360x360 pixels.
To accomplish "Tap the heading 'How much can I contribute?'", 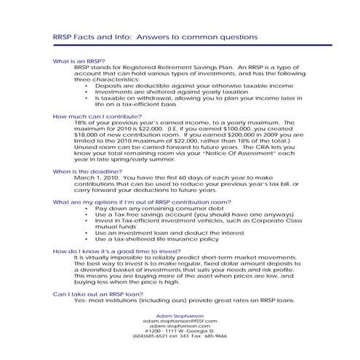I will point(97,116).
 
